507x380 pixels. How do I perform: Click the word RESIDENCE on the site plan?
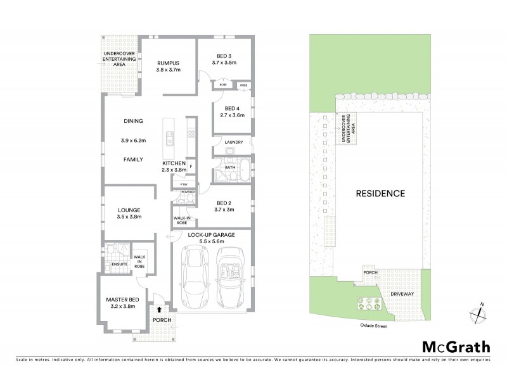coord(380,193)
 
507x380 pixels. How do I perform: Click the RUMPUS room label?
coord(169,63)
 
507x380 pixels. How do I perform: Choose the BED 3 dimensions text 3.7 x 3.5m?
coord(224,63)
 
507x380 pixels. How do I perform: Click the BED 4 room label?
coord(231,108)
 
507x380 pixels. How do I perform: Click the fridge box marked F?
coord(190,167)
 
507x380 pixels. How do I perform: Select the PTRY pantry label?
coord(184,184)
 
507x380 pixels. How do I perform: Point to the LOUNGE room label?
coord(128,210)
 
